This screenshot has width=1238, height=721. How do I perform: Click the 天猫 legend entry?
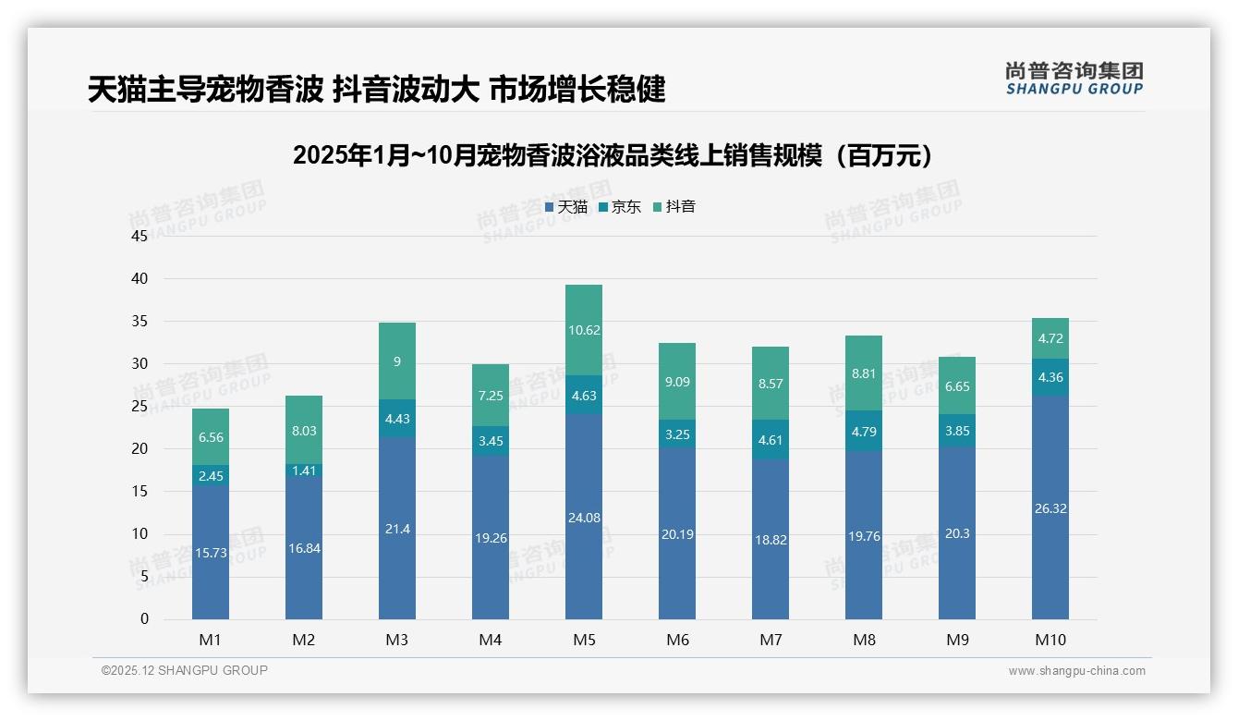(x=566, y=207)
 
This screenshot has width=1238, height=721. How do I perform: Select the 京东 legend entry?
(x=620, y=207)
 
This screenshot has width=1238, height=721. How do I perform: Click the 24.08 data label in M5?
(x=584, y=518)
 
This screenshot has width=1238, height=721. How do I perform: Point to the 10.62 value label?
(x=584, y=330)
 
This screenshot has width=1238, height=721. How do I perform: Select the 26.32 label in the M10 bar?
(x=1050, y=508)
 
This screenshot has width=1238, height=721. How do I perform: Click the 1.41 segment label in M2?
(x=304, y=470)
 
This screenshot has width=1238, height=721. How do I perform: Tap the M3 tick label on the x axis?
(x=397, y=640)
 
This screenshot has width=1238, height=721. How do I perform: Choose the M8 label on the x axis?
(x=864, y=640)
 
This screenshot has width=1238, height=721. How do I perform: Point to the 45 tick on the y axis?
(x=140, y=236)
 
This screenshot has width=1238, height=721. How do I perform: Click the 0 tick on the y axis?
(x=144, y=619)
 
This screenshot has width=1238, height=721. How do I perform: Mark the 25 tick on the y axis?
(x=140, y=407)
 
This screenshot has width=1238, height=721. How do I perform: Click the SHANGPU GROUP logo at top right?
(x=1074, y=79)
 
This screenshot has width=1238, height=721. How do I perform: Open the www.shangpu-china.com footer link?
(x=1076, y=671)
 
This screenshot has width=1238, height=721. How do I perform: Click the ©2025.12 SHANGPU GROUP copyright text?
(x=185, y=671)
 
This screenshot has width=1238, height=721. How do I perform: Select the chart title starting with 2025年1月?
(x=613, y=155)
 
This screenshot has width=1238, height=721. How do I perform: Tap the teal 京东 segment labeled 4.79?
(x=864, y=431)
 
